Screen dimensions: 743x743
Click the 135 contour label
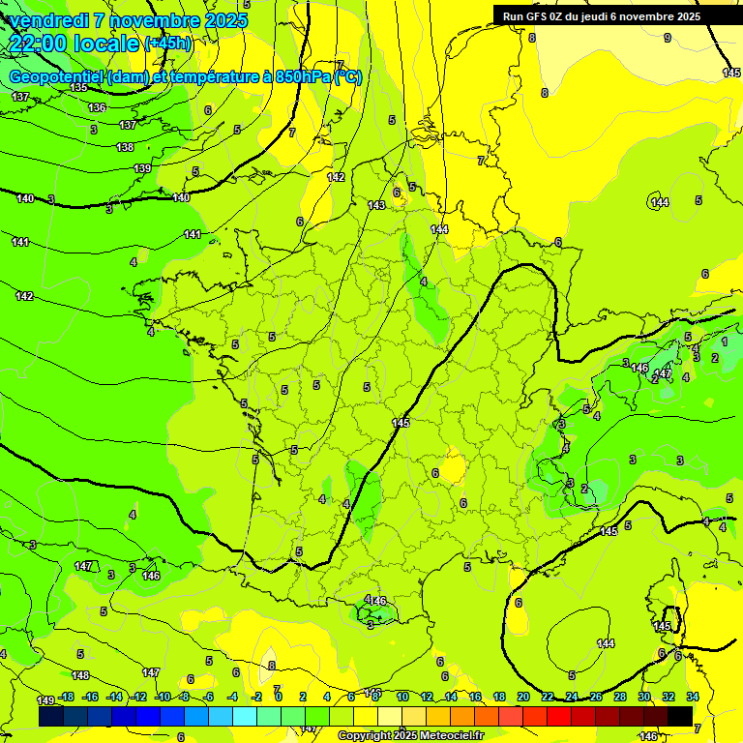[78, 88]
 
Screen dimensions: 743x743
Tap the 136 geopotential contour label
[97, 107]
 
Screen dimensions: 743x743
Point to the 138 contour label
[125, 147]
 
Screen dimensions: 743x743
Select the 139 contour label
[142, 169]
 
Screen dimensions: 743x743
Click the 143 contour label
[376, 205]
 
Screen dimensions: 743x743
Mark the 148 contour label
[80, 675]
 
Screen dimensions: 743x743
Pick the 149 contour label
[45, 699]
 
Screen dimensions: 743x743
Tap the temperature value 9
[667, 38]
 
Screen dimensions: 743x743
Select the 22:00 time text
[45, 43]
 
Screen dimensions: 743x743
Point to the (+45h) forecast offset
[167, 44]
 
